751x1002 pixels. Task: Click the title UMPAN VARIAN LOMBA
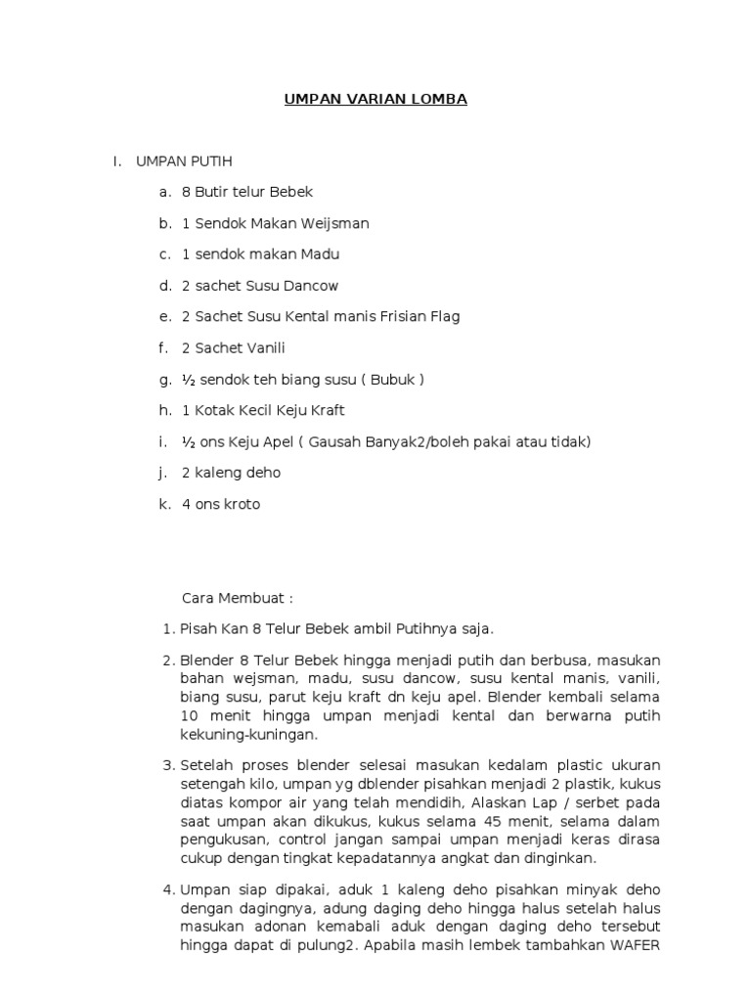(375, 100)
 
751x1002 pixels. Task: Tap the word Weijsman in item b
(337, 223)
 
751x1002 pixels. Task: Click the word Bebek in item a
(293, 193)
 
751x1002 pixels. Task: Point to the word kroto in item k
(241, 504)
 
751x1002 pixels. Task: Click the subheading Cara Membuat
(238, 598)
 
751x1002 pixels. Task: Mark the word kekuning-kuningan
(248, 734)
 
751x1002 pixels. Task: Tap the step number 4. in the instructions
(166, 889)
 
